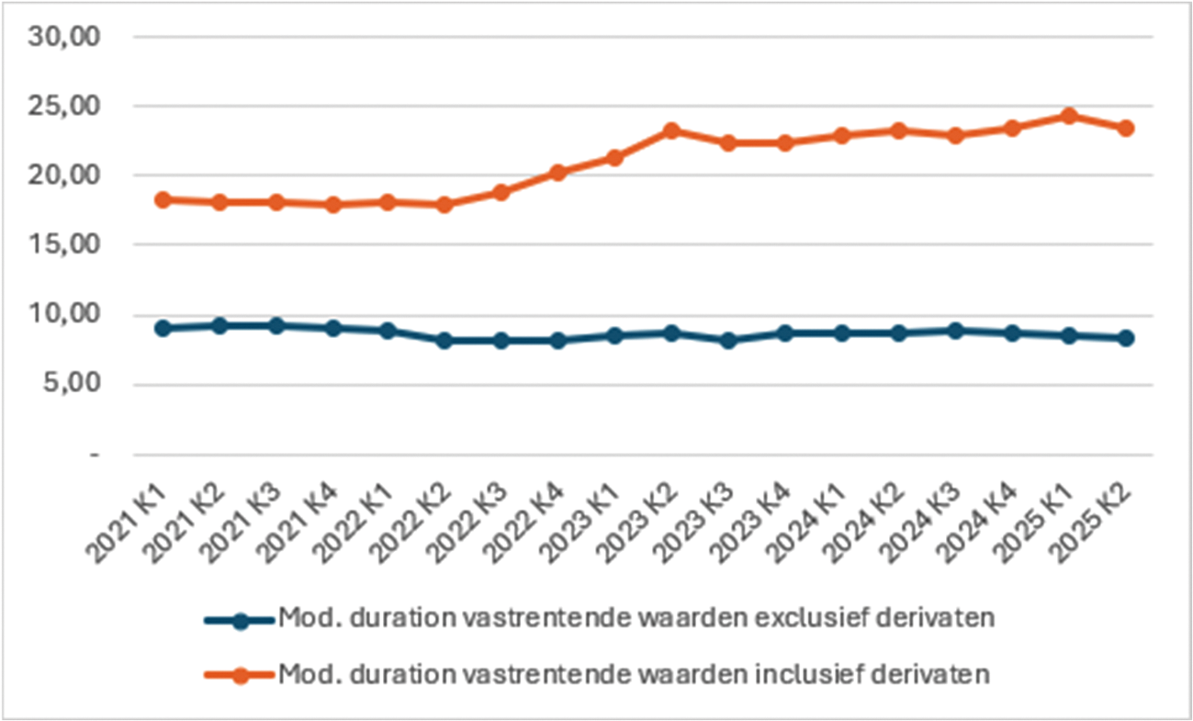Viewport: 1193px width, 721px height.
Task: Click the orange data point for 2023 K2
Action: pyautogui.click(x=672, y=130)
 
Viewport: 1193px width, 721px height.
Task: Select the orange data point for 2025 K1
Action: pyautogui.click(x=1068, y=116)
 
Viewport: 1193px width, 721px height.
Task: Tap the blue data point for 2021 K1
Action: pyautogui.click(x=163, y=328)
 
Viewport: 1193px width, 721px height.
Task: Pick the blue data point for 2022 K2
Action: pyautogui.click(x=446, y=340)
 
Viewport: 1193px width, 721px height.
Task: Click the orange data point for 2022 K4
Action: pyautogui.click(x=559, y=172)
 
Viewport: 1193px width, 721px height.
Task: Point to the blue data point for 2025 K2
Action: pyautogui.click(x=1125, y=338)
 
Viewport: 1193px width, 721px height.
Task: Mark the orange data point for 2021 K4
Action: pyautogui.click(x=333, y=205)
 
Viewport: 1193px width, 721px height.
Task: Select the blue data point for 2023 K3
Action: pyautogui.click(x=729, y=340)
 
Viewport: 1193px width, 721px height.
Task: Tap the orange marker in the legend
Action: pyautogui.click(x=241, y=675)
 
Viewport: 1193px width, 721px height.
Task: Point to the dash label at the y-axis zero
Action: pyautogui.click(x=94, y=455)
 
